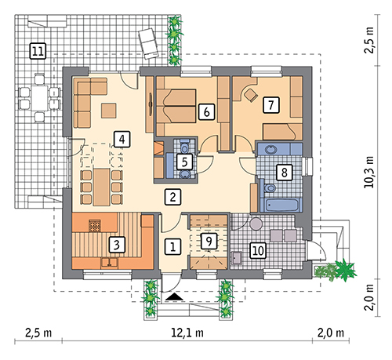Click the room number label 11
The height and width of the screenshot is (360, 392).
coord(38,51)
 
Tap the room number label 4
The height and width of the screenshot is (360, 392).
coord(122,140)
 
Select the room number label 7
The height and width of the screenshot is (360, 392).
coord(271,105)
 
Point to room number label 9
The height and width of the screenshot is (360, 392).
coord(209,241)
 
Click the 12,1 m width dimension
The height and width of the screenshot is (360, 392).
coord(187,333)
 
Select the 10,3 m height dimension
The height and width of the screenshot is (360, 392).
coord(369,172)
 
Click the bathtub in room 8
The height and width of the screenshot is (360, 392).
coord(281,205)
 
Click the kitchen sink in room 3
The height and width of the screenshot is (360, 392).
coord(110,262)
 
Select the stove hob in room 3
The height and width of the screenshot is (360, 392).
coord(95,226)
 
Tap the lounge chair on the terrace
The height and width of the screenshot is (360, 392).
coord(148,44)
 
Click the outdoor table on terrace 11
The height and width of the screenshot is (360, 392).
coord(39,98)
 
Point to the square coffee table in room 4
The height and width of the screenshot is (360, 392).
coord(109,111)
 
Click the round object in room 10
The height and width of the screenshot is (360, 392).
coord(256,224)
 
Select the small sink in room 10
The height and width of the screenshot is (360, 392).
coord(237,257)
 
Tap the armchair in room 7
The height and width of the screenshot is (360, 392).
coord(251,95)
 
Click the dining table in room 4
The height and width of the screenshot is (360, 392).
coord(102,187)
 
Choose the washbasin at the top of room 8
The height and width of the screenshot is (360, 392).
coord(271,150)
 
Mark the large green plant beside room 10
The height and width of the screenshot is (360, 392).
coord(345,270)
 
